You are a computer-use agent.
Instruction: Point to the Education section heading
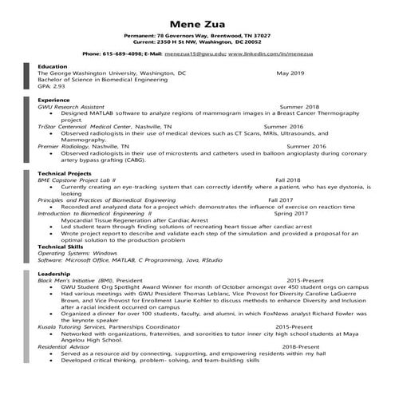click(x=53, y=66)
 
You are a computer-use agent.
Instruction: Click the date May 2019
click(x=291, y=73)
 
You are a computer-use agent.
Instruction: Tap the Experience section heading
click(x=53, y=100)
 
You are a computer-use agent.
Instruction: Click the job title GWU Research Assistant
click(x=77, y=106)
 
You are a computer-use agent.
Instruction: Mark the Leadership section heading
click(x=53, y=274)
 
